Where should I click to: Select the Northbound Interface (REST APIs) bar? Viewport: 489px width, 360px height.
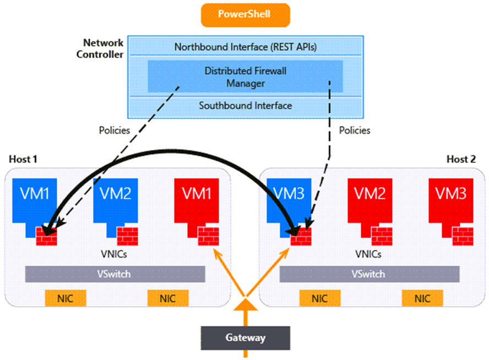[x=245, y=47]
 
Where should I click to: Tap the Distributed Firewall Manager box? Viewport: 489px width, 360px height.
[x=245, y=77]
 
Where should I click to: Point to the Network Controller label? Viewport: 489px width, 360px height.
[x=103, y=48]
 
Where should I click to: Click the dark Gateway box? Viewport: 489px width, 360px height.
[x=245, y=337]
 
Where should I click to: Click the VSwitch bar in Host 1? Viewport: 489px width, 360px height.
[x=115, y=274]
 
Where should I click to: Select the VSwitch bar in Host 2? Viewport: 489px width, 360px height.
[x=369, y=274]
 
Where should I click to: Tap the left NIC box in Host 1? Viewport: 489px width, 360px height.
[x=66, y=298]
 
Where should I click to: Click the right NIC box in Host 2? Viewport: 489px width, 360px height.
[x=422, y=298]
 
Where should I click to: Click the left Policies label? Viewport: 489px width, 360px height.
[x=114, y=130]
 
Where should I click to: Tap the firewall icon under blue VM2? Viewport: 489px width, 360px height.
[x=127, y=236]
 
